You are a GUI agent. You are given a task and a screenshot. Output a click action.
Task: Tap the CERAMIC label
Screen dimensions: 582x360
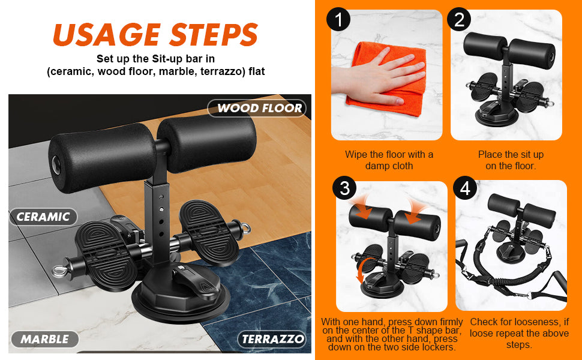[43, 217]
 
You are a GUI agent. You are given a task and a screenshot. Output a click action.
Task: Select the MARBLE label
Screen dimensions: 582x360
[44, 339]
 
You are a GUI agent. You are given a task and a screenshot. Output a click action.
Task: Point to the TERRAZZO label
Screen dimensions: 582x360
[272, 339]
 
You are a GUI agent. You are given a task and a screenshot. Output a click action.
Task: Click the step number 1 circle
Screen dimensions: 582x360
[338, 19]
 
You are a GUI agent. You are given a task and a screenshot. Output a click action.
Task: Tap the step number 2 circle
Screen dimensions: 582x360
[459, 19]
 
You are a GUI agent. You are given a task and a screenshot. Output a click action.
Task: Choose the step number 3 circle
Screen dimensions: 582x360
[344, 188]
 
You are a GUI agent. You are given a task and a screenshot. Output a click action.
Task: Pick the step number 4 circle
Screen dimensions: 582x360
[465, 188]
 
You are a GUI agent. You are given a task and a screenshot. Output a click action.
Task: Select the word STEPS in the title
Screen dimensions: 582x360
[214, 35]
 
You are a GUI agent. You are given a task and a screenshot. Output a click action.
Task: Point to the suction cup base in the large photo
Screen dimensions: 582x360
[181, 293]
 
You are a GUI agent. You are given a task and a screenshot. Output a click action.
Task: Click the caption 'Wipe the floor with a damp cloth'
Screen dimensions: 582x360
[389, 160]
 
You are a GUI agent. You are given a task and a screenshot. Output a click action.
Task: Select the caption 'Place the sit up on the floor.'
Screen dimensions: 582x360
[511, 160]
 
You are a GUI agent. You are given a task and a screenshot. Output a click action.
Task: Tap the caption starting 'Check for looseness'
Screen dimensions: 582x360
[519, 333]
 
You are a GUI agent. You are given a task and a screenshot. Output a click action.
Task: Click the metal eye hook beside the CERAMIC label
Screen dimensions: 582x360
[60, 271]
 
